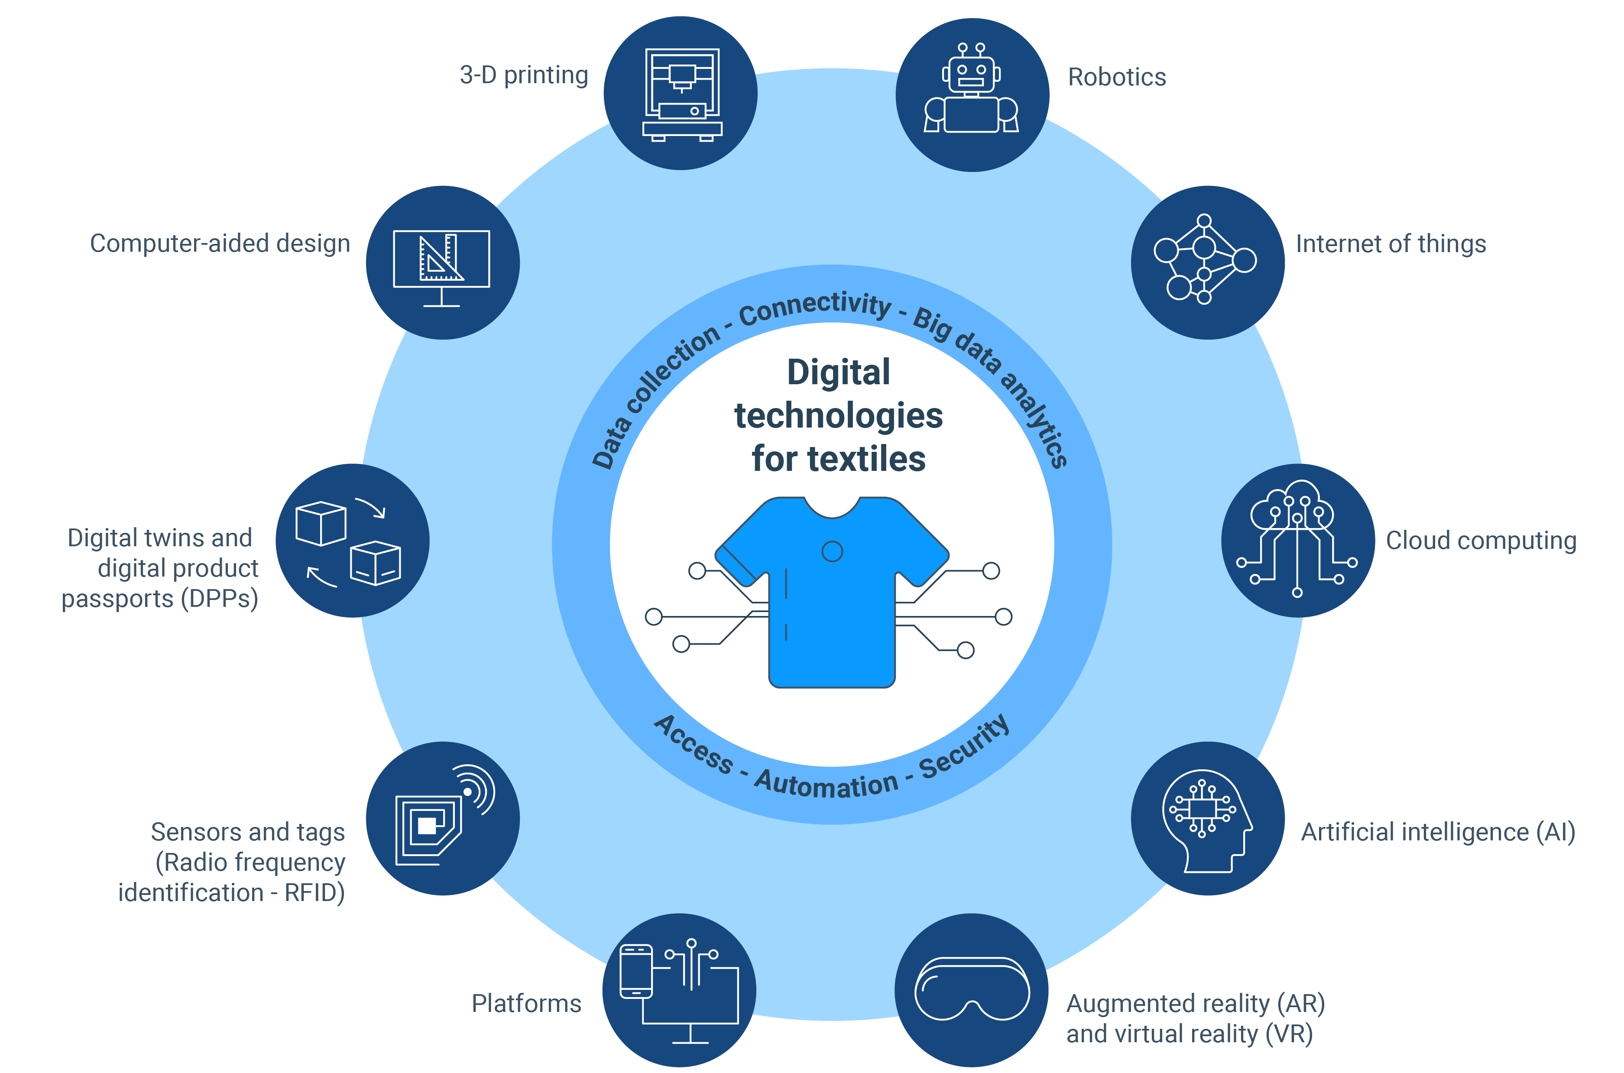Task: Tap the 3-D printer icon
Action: pos(682,94)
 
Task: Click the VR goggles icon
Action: pos(972,988)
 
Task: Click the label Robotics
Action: pos(1117,78)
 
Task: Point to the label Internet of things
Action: pos(1391,243)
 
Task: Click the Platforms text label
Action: pos(526,1003)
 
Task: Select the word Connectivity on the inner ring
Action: pos(815,307)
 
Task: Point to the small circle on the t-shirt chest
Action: pos(832,551)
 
